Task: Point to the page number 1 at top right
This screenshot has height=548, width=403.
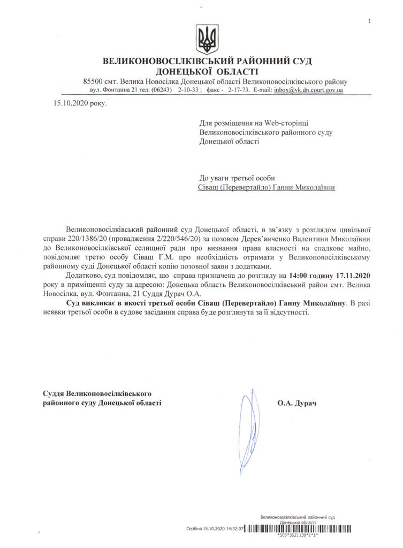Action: (369, 20)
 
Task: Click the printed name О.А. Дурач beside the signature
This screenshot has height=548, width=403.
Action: (297, 401)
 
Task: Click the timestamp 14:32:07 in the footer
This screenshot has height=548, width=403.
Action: (235, 528)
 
